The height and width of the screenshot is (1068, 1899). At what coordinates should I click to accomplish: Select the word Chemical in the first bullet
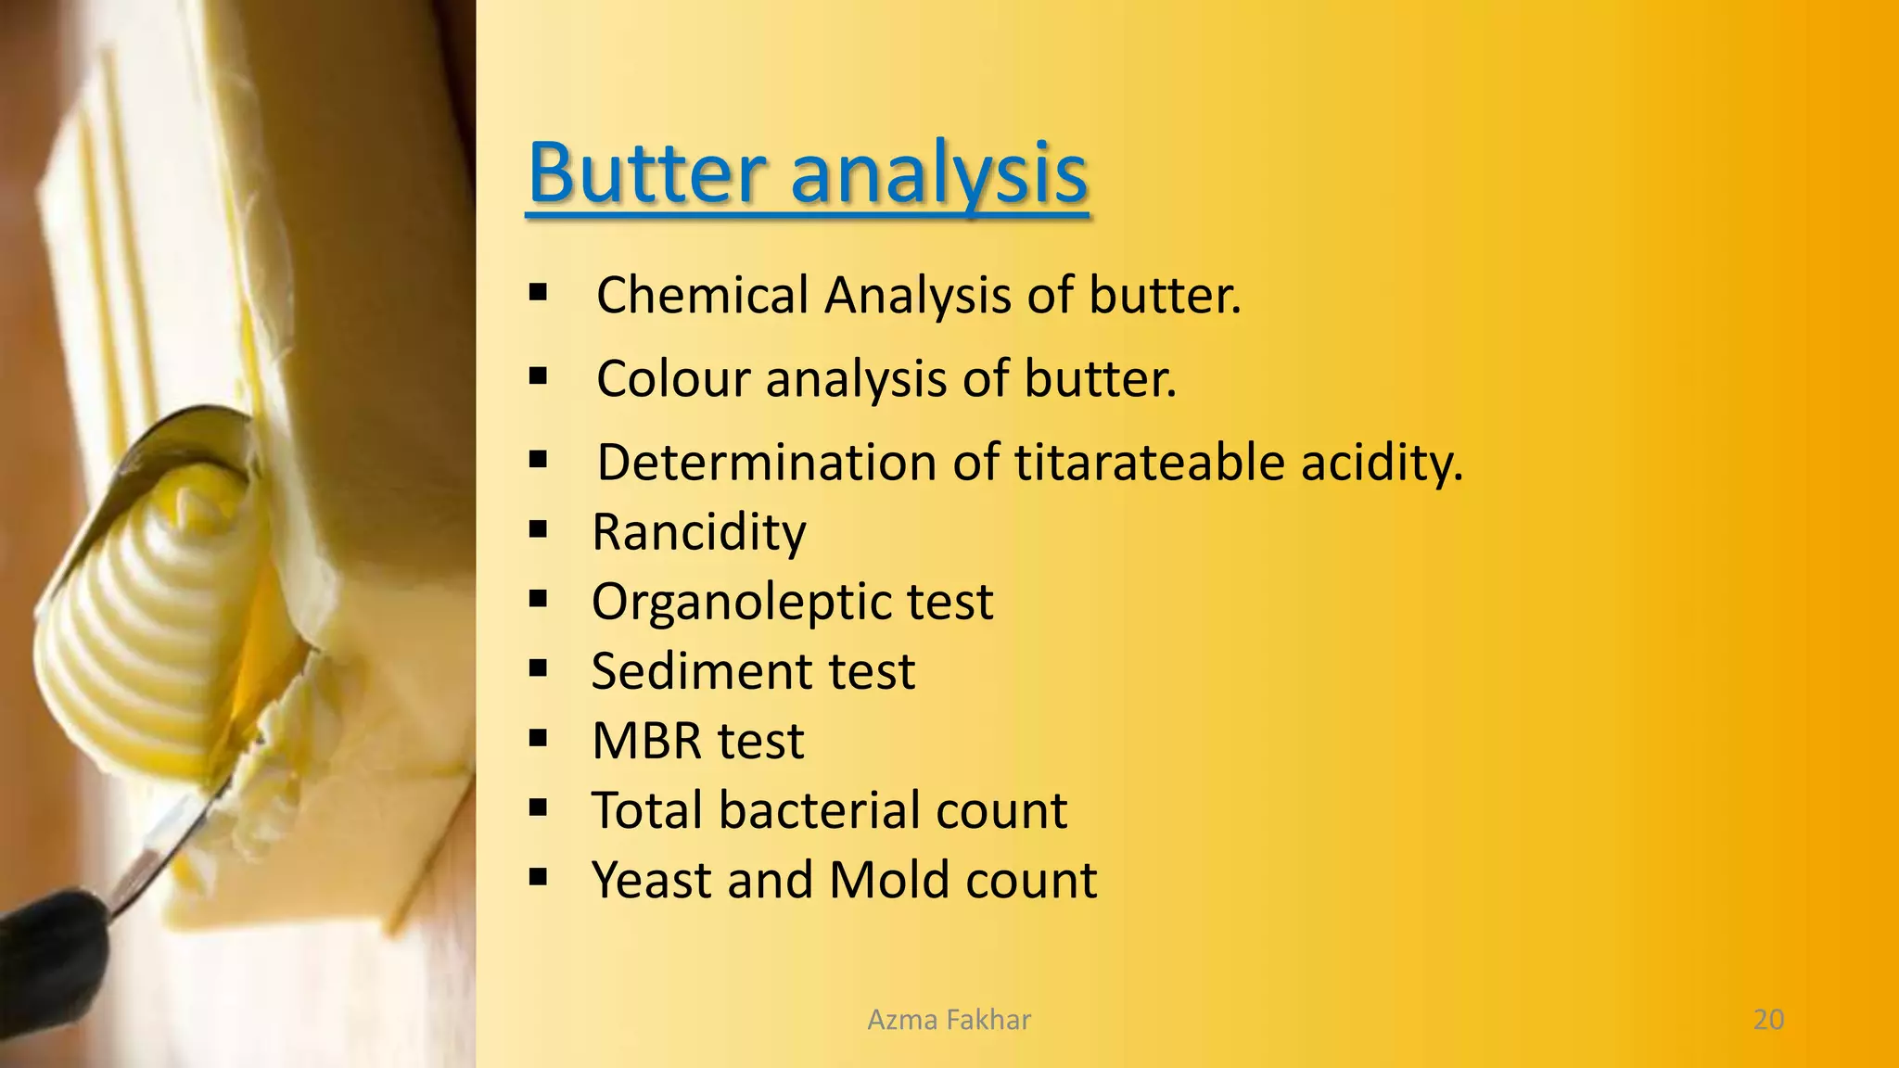click(701, 296)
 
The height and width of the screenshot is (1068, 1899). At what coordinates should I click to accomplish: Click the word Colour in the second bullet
click(673, 379)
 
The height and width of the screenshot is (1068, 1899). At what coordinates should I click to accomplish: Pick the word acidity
click(1381, 464)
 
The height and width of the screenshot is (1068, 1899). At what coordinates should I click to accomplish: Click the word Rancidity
click(699, 533)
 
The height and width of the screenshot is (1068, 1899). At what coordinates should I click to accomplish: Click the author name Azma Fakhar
click(949, 1020)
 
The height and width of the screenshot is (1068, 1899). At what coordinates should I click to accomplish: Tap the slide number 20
click(1768, 1020)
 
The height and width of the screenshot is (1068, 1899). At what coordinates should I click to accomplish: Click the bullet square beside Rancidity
click(538, 530)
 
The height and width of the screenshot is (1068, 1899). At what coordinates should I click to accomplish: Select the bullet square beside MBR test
click(538, 739)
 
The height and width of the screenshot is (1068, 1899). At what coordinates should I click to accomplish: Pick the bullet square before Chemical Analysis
click(538, 294)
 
